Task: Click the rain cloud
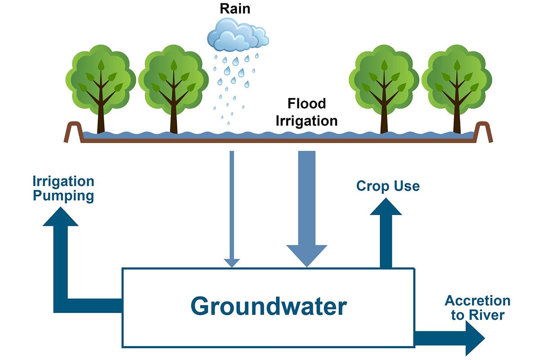[238, 35]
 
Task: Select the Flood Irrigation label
[306, 112]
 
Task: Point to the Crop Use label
[387, 186]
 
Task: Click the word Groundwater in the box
[269, 306]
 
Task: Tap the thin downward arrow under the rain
[232, 207]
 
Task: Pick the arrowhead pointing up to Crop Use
[386, 207]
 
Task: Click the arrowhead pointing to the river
[475, 337]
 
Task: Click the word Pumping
[63, 196]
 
